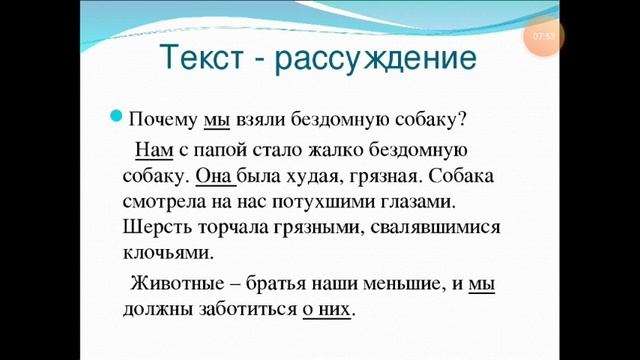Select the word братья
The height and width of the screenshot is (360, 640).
pyautogui.click(x=283, y=284)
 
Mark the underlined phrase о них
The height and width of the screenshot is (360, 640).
pyautogui.click(x=327, y=310)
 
